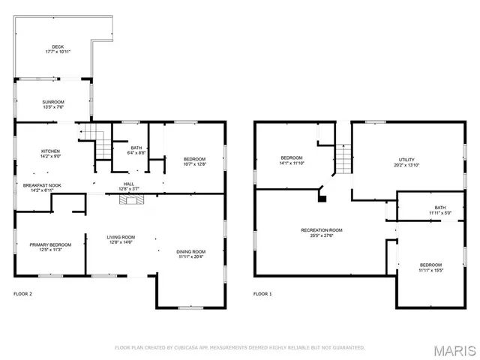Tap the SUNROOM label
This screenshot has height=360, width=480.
(52, 103)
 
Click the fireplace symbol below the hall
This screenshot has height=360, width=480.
(132, 199)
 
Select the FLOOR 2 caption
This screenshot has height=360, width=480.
(23, 294)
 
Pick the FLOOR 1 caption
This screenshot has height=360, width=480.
(262, 294)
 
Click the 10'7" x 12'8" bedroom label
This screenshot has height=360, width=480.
(194, 161)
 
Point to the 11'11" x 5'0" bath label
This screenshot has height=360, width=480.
(439, 210)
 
